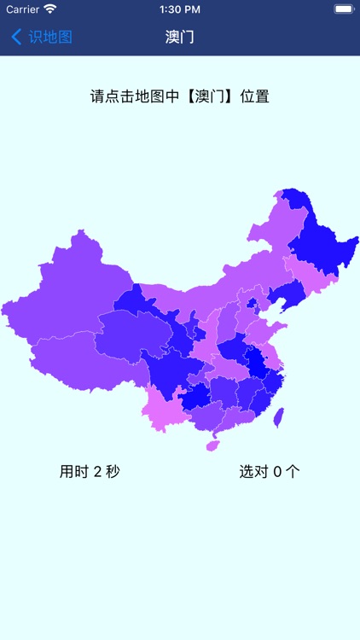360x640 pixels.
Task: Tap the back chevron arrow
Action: pos(16,38)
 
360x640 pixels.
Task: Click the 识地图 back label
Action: pos(50,38)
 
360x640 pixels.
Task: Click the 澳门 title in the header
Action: pos(180,38)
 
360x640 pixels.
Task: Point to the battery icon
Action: pos(343,9)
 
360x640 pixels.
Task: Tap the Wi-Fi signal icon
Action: pos(50,9)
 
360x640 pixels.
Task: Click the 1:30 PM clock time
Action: pos(179,9)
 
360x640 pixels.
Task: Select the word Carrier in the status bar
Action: pos(23,9)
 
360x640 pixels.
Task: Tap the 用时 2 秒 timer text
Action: pos(90,471)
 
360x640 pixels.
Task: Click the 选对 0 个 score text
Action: pos(270,471)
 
